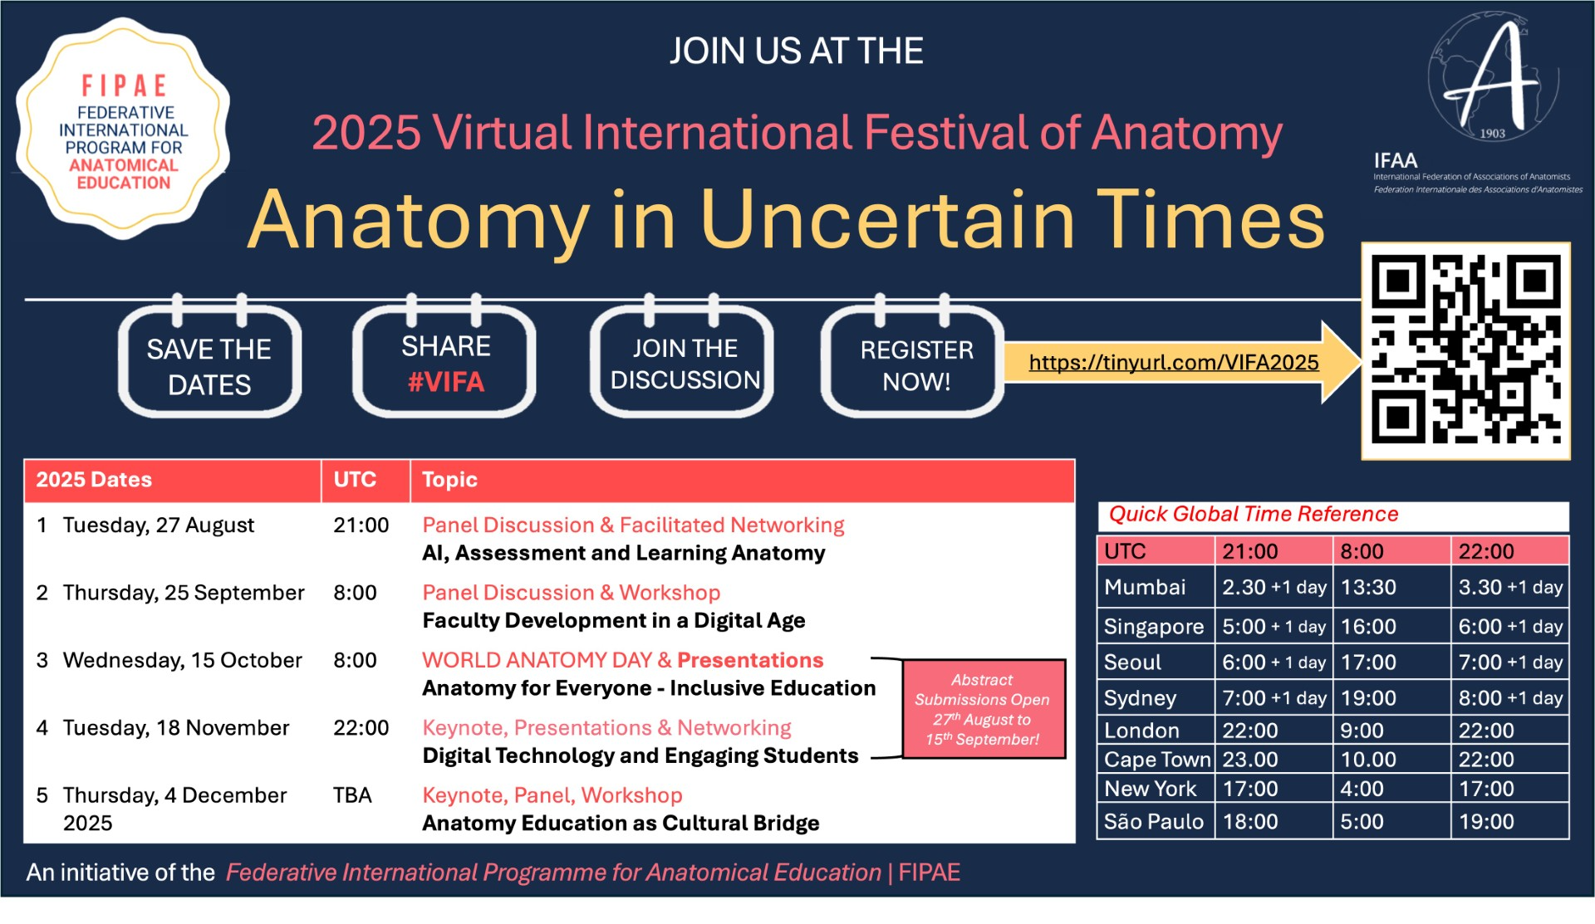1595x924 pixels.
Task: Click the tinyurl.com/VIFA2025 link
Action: [1173, 363]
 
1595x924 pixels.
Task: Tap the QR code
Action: [1465, 350]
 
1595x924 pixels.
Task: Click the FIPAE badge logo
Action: [123, 129]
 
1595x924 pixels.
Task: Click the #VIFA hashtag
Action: [445, 382]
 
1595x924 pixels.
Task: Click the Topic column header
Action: [449, 480]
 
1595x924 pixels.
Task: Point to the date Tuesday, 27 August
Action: [159, 526]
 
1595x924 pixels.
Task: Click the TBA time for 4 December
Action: [352, 795]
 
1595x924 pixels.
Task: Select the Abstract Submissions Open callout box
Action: [984, 709]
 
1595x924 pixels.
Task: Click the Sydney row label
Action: [1140, 698]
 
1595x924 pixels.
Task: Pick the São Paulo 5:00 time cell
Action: [1362, 822]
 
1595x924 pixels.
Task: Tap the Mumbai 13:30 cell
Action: [1368, 588]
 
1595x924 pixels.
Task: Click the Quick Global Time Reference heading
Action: [1254, 515]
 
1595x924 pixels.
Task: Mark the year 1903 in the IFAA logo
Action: [1492, 133]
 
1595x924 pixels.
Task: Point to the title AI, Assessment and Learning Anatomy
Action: [624, 554]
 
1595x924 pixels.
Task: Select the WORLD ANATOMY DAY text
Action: [537, 661]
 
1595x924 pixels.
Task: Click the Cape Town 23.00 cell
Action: [1249, 760]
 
